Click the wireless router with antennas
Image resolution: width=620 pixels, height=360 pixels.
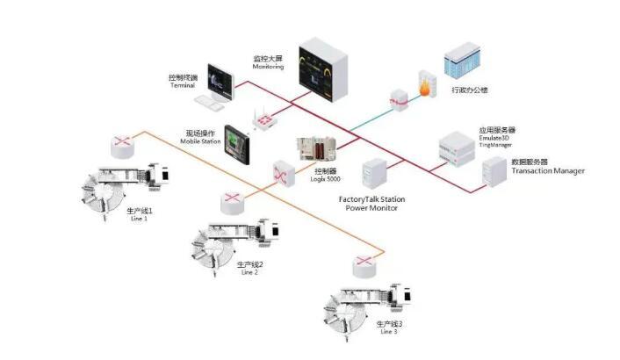pos(262,119)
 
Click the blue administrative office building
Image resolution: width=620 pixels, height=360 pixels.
pos(462,58)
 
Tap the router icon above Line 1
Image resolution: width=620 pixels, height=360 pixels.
pos(119,141)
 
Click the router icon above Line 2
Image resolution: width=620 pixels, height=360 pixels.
pos(232,200)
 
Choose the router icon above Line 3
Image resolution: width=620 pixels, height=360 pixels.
pos(361,263)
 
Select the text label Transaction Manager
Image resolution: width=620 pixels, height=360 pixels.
pos(548,170)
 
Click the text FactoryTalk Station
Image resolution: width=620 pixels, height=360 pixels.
pos(371,200)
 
